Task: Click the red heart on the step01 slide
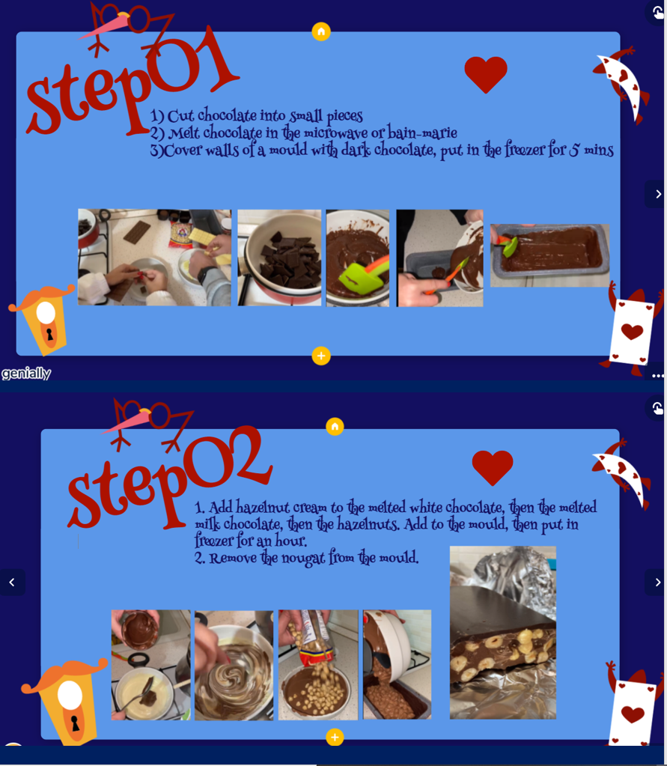(x=486, y=74)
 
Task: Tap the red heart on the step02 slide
(x=493, y=467)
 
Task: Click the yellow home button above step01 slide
(x=321, y=31)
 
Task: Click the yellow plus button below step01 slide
(x=321, y=356)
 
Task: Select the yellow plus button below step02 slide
(x=335, y=738)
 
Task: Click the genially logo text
(x=26, y=373)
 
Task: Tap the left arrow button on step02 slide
(x=12, y=583)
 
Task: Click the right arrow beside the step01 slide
(x=657, y=194)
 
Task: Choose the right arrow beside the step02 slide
(x=657, y=583)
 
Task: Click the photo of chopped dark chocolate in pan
(x=279, y=258)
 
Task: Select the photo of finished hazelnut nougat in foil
(x=503, y=633)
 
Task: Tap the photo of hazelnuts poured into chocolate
(x=318, y=665)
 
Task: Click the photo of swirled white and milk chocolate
(x=234, y=665)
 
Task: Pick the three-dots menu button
(x=658, y=376)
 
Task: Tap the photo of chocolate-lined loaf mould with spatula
(x=549, y=255)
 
